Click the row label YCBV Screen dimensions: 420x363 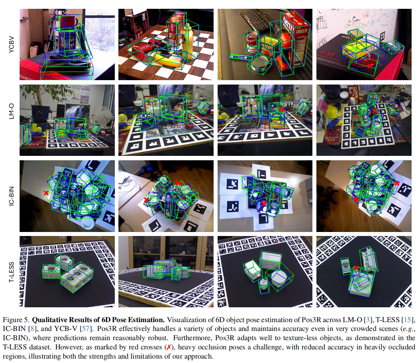tap(11, 44)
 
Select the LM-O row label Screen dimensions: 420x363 tap(11, 111)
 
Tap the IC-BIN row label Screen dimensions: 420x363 tap(11, 196)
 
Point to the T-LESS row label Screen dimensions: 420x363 tap(11, 272)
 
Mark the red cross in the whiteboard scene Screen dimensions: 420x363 tap(370, 66)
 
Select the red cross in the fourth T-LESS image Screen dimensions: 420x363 tap(356, 268)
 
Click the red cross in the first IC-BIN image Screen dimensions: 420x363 tap(46, 193)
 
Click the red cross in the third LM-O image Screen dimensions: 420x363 tap(281, 109)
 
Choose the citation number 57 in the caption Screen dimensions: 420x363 tap(86, 329)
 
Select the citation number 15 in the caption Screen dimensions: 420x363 tap(408, 320)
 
